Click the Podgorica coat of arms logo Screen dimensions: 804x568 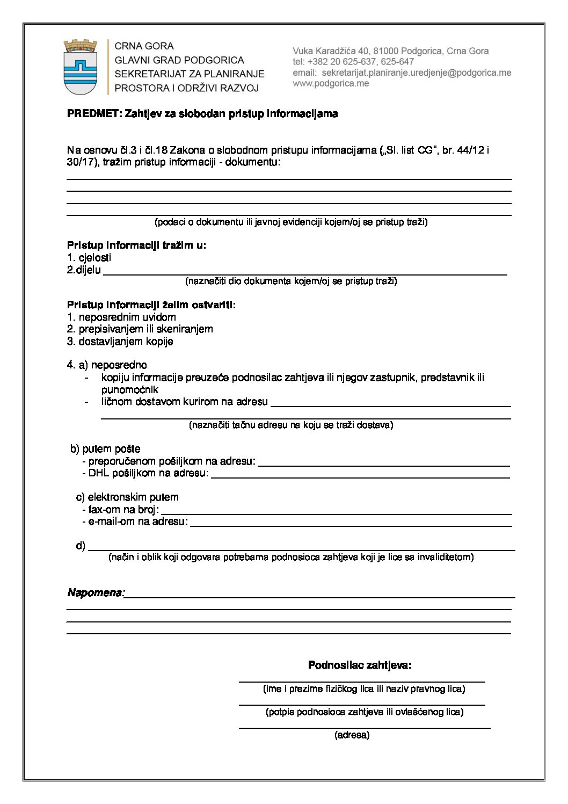pos(81,67)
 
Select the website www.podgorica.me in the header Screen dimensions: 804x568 pos(331,83)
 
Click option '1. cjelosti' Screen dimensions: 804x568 pos(89,258)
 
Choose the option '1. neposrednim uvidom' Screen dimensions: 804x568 pos(121,317)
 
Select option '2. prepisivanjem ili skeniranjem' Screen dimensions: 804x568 pos(140,329)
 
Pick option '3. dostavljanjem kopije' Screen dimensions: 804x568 pos(120,342)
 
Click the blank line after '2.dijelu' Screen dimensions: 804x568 pos(304,273)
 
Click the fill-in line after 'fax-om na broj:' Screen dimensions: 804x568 pos(336,513)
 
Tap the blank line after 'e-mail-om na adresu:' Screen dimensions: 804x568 pos(351,525)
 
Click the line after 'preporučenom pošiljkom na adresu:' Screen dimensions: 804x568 pos(383,465)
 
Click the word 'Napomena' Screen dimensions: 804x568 pos(95,593)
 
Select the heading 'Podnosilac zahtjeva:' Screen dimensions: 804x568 pos(360,665)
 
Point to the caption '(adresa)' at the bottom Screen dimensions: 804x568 pos(352,735)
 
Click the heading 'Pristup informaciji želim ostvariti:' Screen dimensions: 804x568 pos(151,305)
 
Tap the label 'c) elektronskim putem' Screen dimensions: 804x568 pos(127,497)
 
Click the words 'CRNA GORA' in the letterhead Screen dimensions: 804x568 pos(144,47)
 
